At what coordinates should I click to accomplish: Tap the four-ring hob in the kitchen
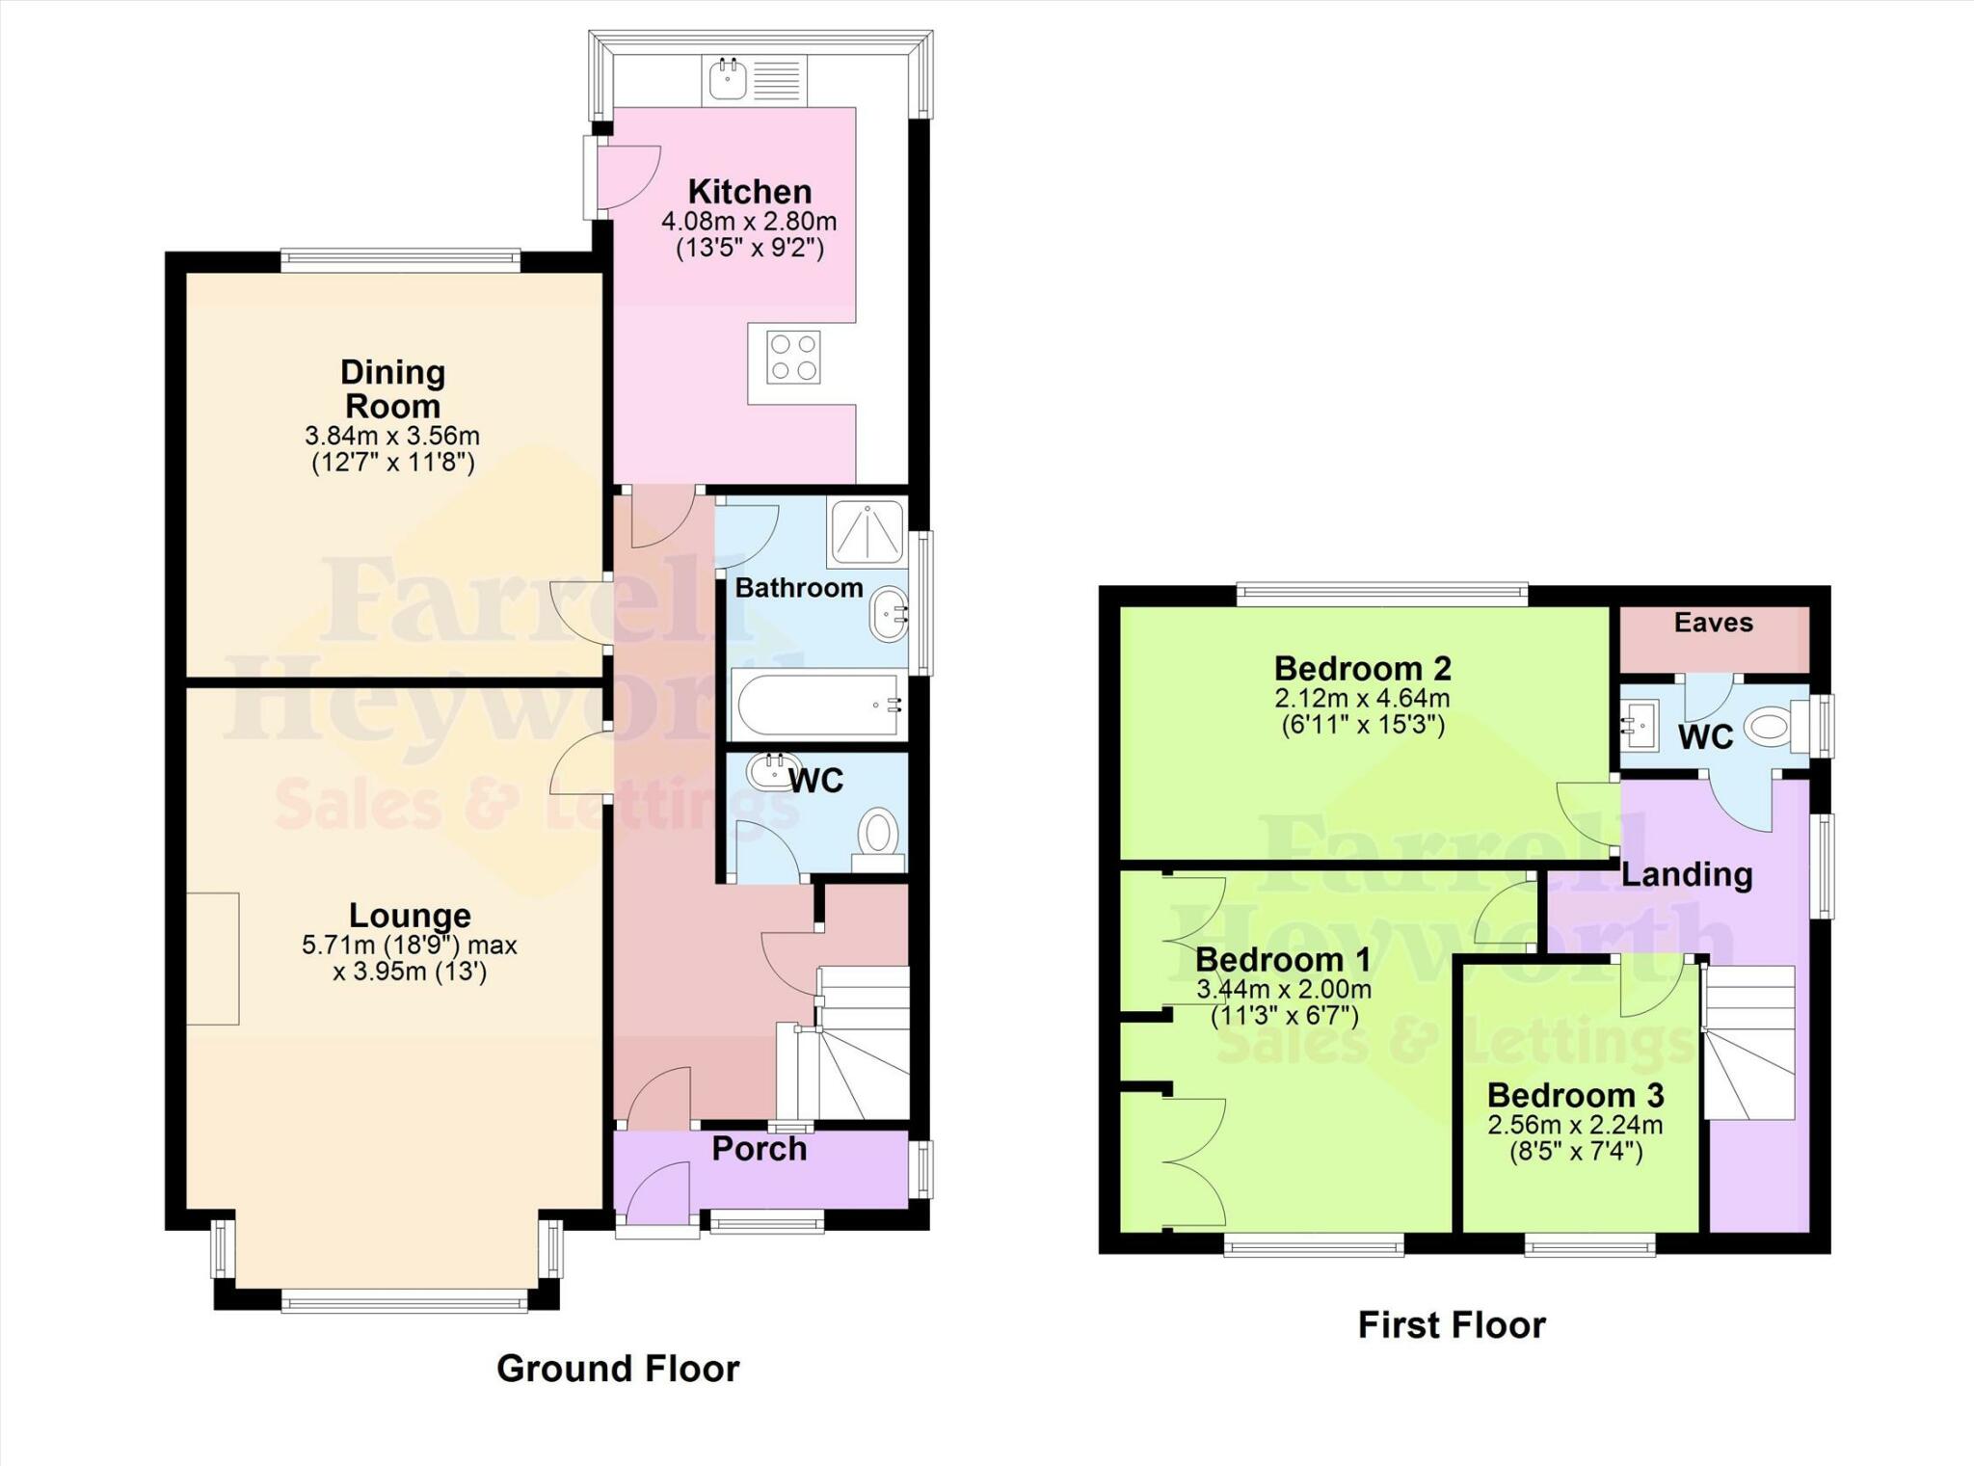(x=794, y=357)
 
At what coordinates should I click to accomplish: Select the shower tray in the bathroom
(x=867, y=531)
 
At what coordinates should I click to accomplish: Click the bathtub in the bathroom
(x=819, y=705)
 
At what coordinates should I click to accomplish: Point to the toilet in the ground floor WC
(x=878, y=838)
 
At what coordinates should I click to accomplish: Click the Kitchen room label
(x=749, y=191)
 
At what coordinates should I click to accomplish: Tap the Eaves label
(x=1713, y=623)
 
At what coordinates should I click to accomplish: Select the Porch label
(x=759, y=1149)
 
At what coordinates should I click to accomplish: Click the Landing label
(x=1687, y=874)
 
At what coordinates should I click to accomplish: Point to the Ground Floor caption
(x=618, y=1369)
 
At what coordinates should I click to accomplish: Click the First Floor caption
(x=1452, y=1325)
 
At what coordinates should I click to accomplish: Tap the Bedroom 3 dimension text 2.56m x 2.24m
(x=1575, y=1125)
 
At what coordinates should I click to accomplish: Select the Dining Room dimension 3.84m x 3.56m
(x=392, y=436)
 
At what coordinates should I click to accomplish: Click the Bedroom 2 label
(x=1363, y=668)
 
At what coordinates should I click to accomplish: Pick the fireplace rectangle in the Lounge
(x=213, y=959)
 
